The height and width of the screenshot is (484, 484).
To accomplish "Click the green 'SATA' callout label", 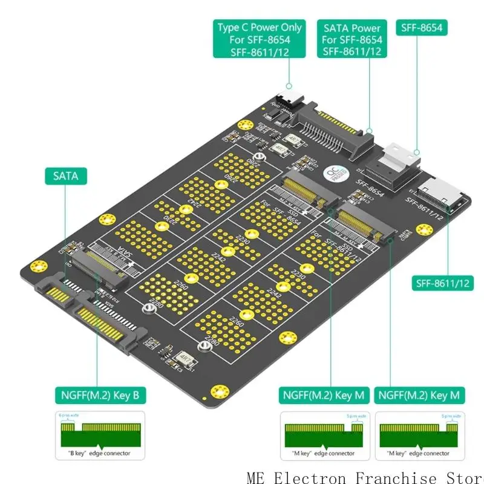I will point(65,176).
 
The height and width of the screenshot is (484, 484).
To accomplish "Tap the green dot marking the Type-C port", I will point(289,87).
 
